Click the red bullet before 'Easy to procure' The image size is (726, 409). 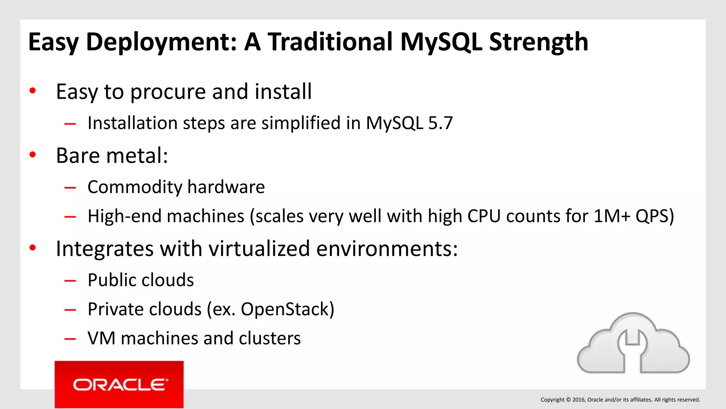click(x=33, y=91)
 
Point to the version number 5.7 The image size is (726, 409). click(x=440, y=123)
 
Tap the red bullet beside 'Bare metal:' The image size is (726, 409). click(x=33, y=155)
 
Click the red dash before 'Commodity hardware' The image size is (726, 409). click(x=70, y=187)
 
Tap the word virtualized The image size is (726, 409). click(x=259, y=249)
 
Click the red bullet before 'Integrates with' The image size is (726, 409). click(x=33, y=248)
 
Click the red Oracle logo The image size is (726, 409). click(x=119, y=385)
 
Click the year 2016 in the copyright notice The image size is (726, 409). click(x=579, y=400)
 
